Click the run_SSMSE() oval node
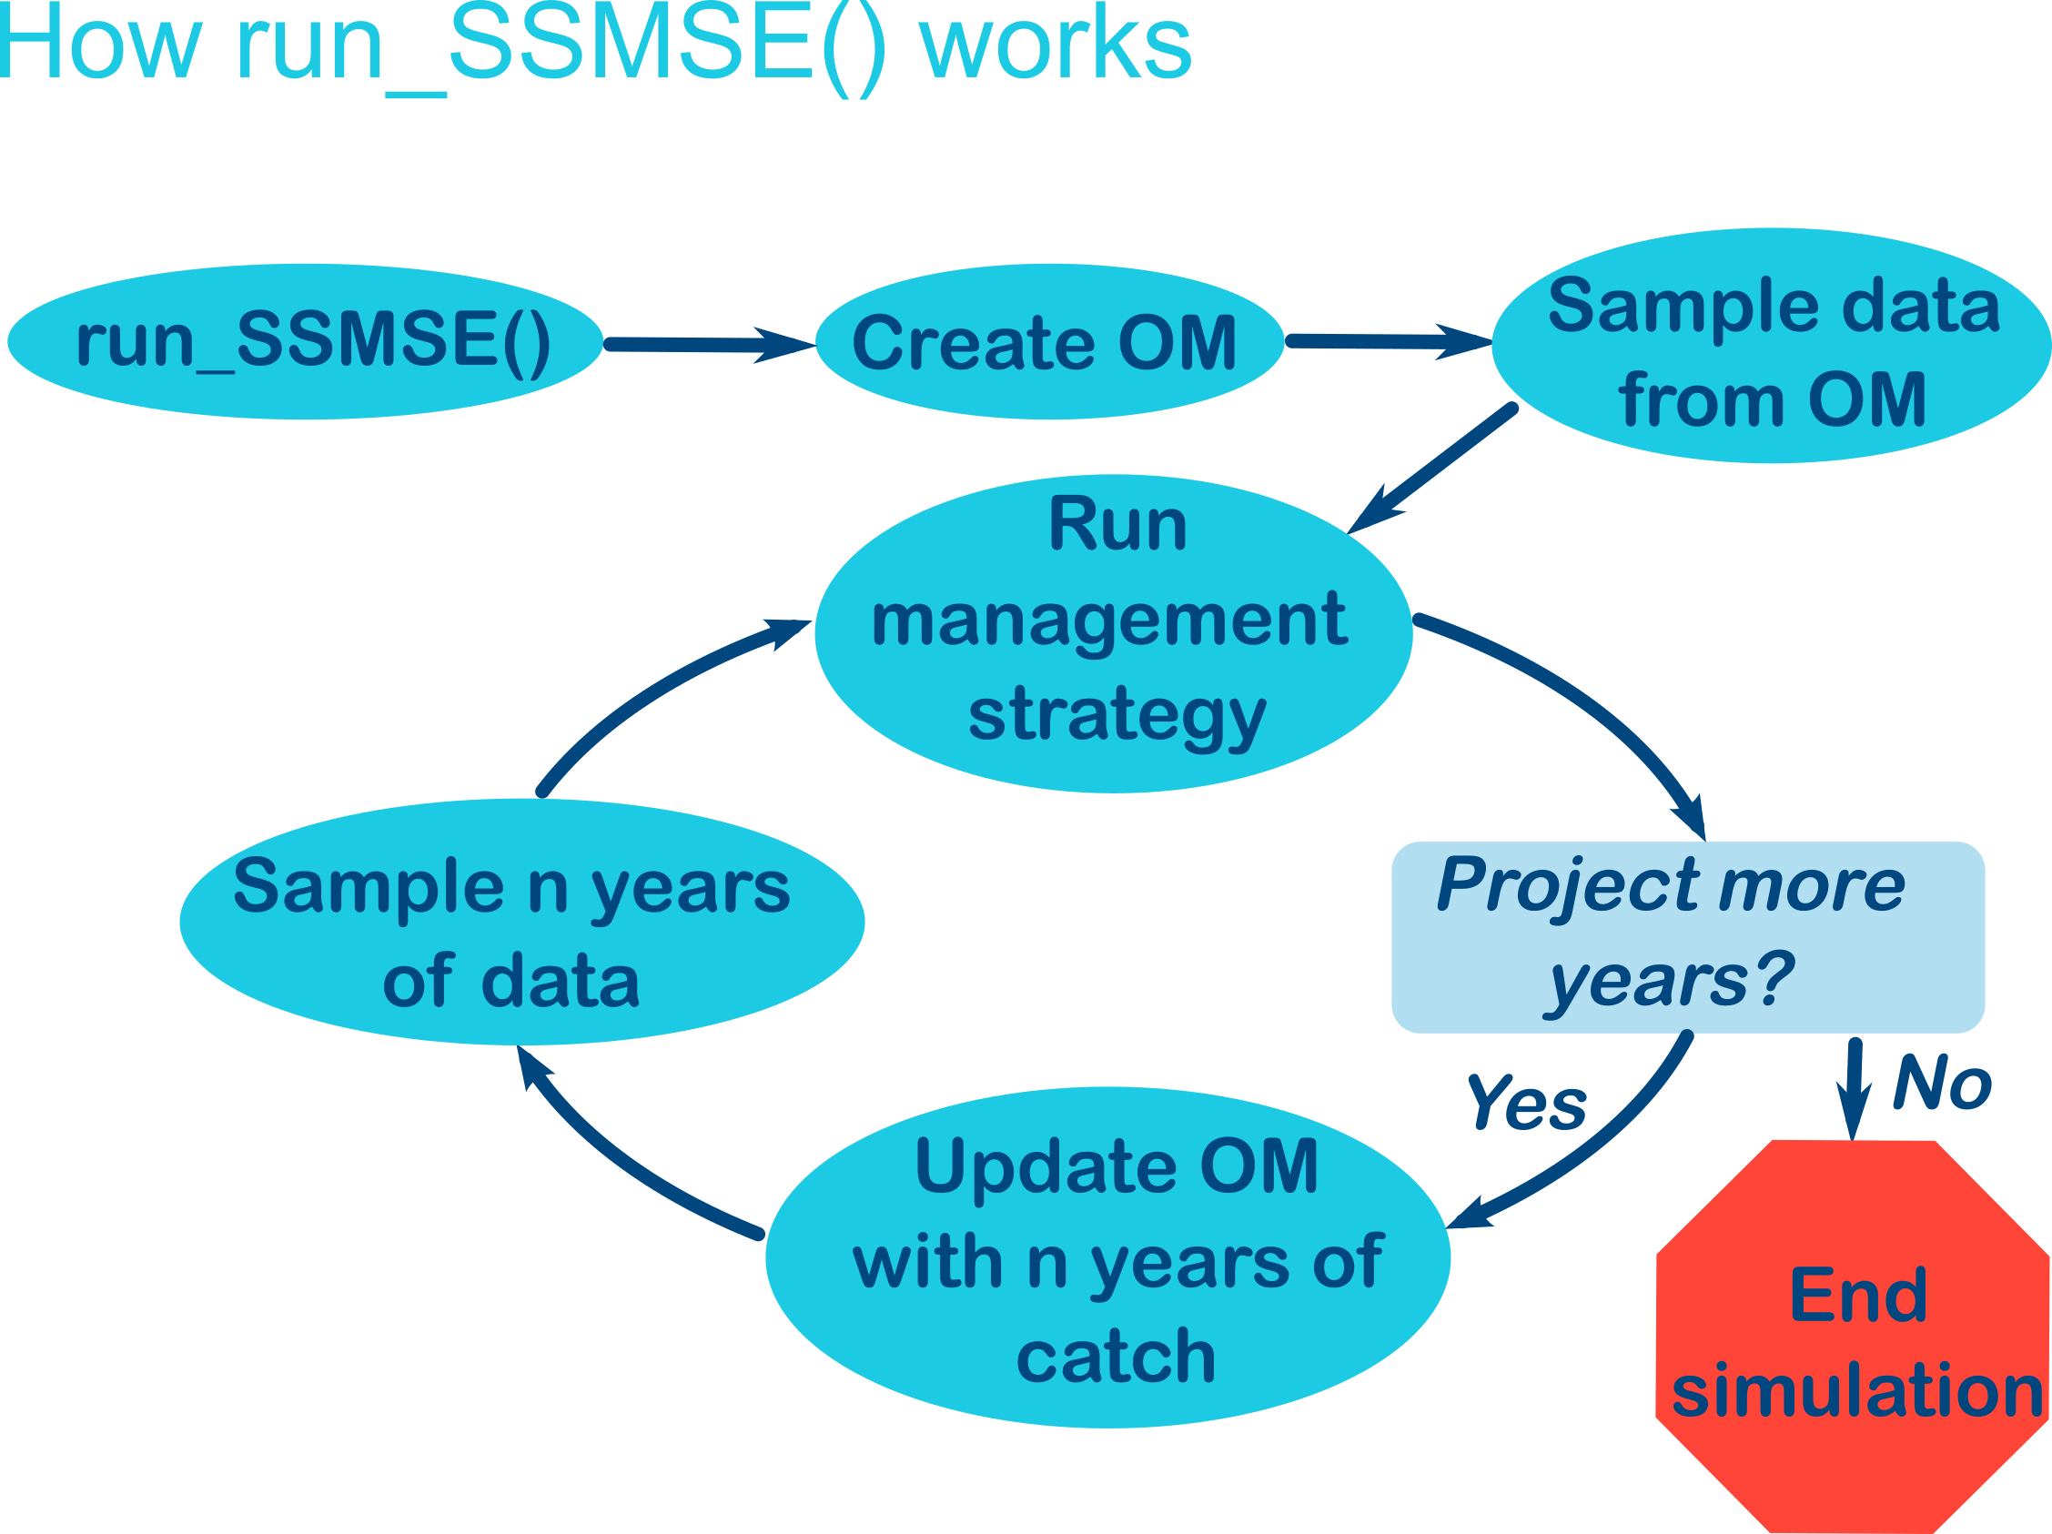pos(306,341)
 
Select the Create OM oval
pos(1048,341)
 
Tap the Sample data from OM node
pos(1772,345)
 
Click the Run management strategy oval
pos(1113,633)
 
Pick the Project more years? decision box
pos(1688,937)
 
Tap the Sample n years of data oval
pos(521,921)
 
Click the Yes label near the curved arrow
pos(1526,1104)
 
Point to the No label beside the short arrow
pos(1942,1083)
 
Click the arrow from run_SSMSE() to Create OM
pos(705,345)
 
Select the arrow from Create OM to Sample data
pos(1387,341)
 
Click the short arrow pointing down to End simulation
pos(1854,1085)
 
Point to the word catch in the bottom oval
pos(1116,1357)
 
